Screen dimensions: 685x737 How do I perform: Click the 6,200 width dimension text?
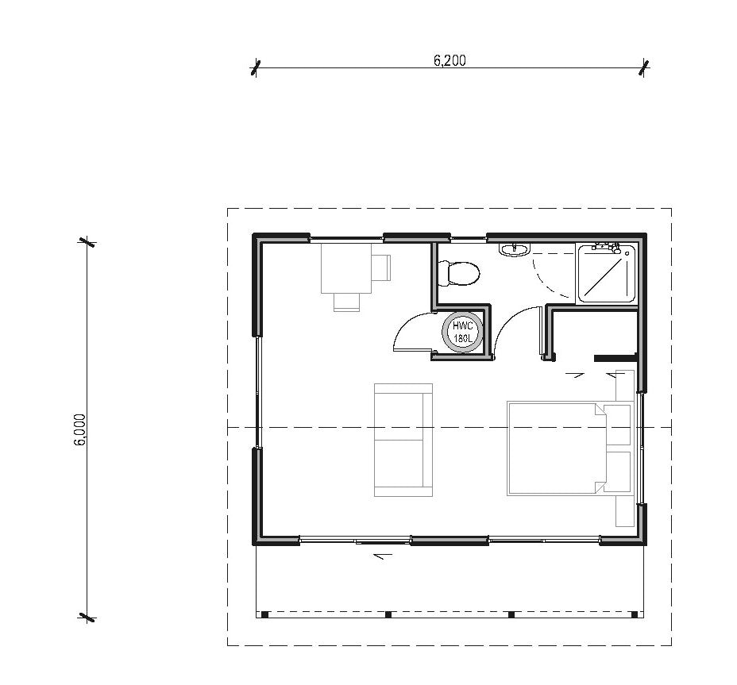[450, 61]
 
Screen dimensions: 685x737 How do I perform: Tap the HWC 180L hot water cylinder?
[462, 332]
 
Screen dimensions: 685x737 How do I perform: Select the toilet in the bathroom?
[460, 273]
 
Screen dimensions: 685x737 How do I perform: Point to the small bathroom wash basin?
[513, 250]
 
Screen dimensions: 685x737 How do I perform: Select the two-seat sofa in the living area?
[403, 440]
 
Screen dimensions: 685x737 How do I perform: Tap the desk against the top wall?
[345, 268]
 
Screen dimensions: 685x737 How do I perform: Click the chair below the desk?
[346, 301]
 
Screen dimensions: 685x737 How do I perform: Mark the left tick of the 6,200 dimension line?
[255, 68]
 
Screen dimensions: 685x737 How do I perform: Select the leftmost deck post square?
[264, 614]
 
